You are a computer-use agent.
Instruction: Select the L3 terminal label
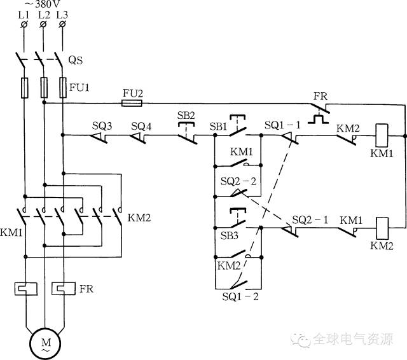62,14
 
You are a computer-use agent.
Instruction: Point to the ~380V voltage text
43,4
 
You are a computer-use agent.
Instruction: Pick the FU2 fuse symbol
132,102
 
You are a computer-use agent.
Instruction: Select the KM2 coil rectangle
382,228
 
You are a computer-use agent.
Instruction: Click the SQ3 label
101,125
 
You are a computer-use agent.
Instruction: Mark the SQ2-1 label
310,219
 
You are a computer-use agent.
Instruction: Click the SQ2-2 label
238,181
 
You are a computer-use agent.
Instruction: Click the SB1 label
218,125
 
